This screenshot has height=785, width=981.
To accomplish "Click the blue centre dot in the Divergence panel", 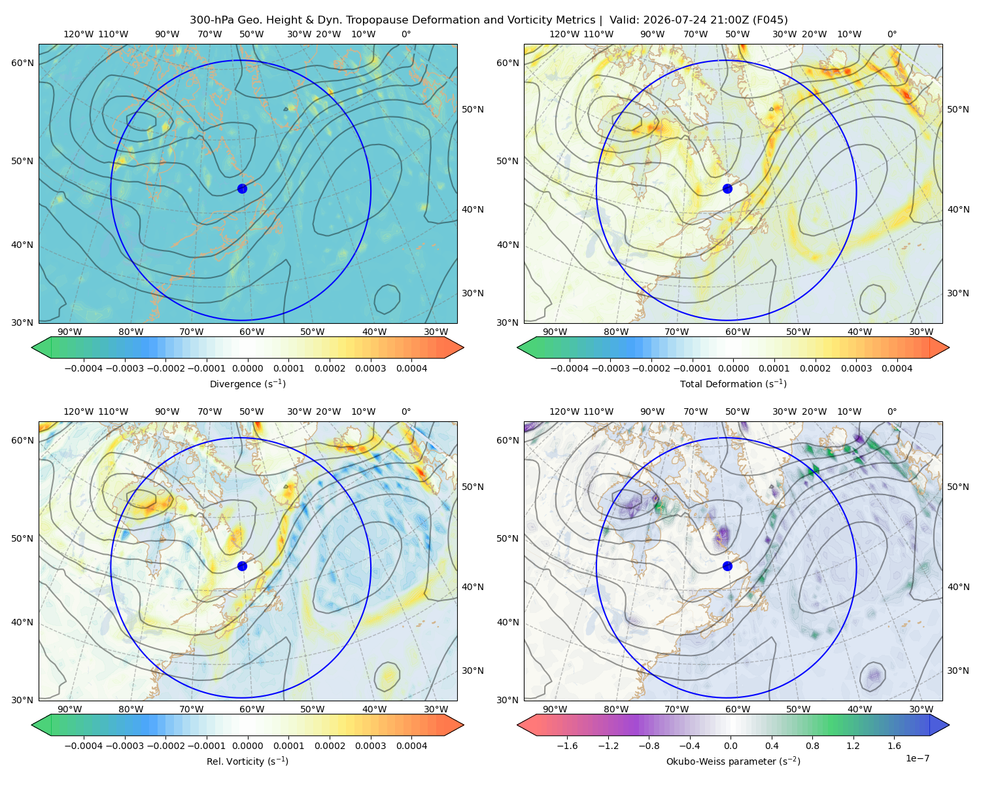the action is pyautogui.click(x=242, y=188).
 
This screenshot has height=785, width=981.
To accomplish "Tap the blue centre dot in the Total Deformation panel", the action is pyautogui.click(x=727, y=188).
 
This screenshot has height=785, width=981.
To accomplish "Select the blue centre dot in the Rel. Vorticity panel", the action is pyautogui.click(x=242, y=566).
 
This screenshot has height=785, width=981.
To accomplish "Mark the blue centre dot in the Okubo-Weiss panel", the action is pyautogui.click(x=727, y=566).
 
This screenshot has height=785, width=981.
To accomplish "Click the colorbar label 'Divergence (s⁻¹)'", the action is pyautogui.click(x=247, y=383).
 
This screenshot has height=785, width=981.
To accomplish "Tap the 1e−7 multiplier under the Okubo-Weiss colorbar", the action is pyautogui.click(x=917, y=758).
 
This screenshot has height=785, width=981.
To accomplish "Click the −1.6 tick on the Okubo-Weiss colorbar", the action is pyautogui.click(x=567, y=746).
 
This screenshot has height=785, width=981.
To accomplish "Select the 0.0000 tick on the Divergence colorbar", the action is pyautogui.click(x=247, y=368).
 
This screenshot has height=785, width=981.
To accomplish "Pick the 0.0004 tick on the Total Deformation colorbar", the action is pyautogui.click(x=897, y=368).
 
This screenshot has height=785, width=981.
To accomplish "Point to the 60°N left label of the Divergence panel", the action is pyautogui.click(x=22, y=63).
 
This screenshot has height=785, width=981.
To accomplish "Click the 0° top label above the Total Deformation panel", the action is pyautogui.click(x=891, y=34).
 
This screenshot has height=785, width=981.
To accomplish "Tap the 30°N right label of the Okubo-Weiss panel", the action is pyautogui.click(x=957, y=671).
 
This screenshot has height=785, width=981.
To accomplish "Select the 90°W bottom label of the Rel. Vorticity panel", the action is pyautogui.click(x=70, y=709).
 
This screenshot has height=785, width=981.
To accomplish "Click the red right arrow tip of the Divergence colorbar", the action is pyautogui.click(x=462, y=347).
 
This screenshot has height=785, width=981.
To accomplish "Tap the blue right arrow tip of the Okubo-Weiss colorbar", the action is pyautogui.click(x=948, y=725).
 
